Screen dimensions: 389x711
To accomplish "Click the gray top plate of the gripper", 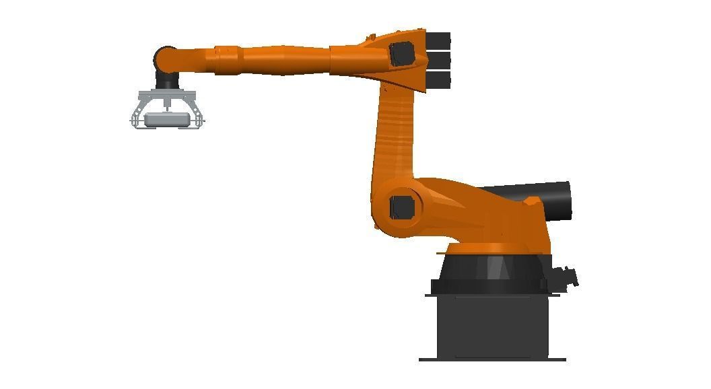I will click(166, 94).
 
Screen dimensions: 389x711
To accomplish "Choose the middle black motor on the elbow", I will click(438, 60).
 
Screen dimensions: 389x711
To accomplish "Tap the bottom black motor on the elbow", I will click(438, 80).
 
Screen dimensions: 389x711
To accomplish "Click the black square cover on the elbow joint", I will click(402, 54).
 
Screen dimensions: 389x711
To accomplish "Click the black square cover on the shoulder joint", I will click(402, 207).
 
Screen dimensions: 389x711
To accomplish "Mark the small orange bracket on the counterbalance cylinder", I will click(532, 201).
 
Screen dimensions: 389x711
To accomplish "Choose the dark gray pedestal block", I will click(492, 326).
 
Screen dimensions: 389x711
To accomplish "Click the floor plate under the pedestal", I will click(492, 359).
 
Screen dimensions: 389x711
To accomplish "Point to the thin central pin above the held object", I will click(166, 106).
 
